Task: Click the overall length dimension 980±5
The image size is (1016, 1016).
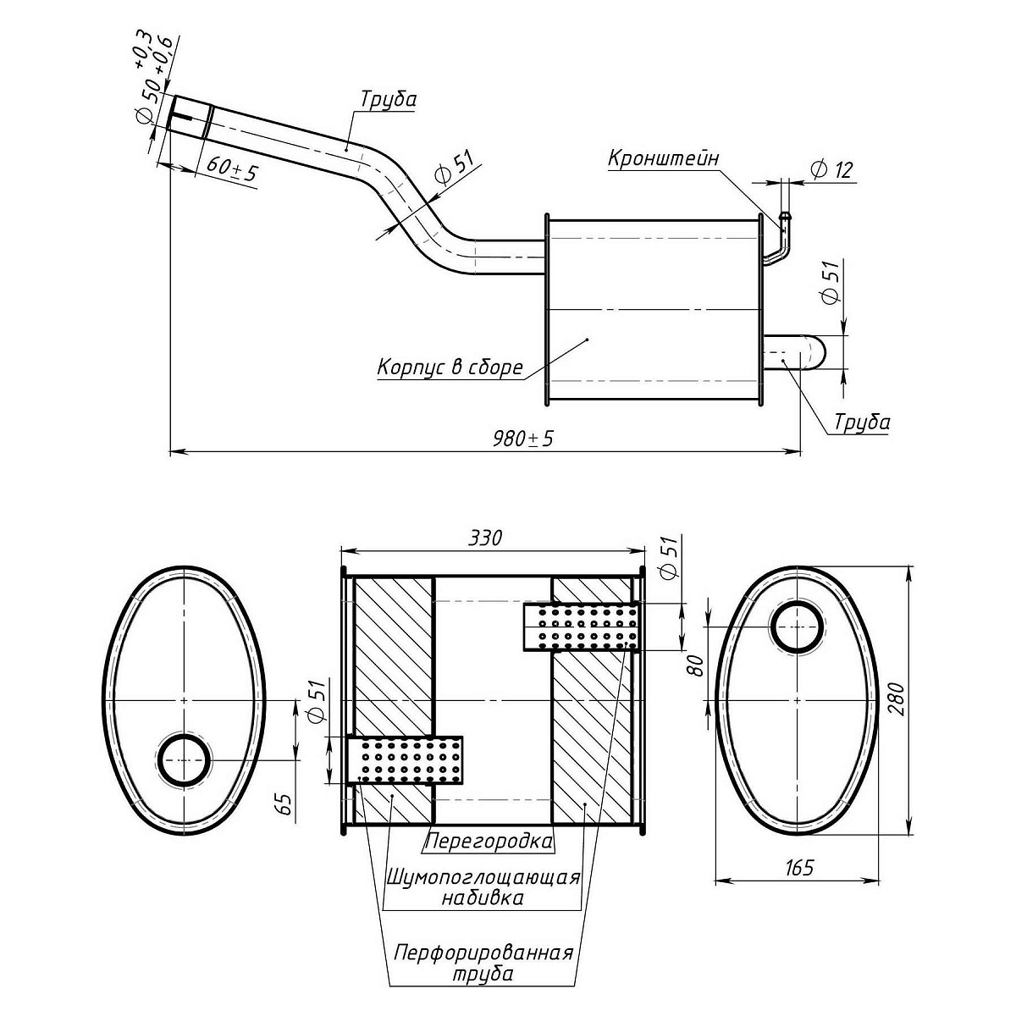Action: point(527,439)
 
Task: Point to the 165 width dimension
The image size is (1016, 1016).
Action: point(798,868)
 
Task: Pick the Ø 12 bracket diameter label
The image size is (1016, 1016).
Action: point(831,169)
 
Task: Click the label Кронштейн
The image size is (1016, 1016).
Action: point(663,158)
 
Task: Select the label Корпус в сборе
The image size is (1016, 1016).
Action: point(450,367)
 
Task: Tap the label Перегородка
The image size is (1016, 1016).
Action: point(489,842)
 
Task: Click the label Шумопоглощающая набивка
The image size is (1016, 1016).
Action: point(483,886)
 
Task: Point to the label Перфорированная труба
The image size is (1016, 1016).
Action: point(483,964)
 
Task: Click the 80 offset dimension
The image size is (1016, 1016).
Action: point(696,665)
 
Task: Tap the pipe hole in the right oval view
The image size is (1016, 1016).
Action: point(797,627)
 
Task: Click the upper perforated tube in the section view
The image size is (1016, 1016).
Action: point(581,627)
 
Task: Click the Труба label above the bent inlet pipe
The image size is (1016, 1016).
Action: point(389,99)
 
